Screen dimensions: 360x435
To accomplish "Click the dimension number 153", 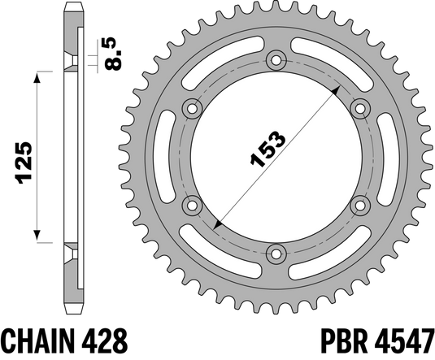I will (x=266, y=150).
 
